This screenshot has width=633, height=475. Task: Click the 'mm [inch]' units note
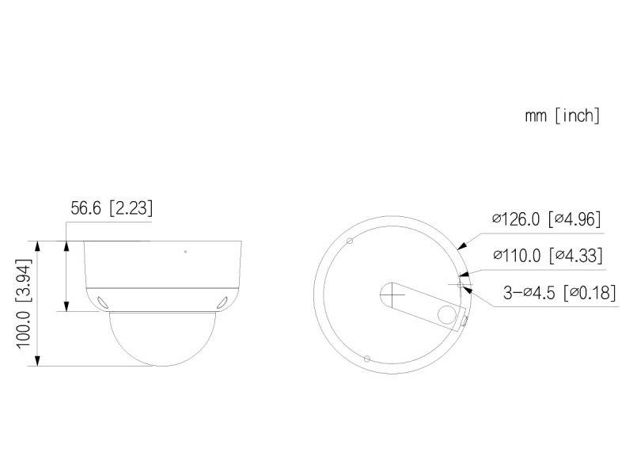562,116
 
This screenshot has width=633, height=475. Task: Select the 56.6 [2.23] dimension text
112,208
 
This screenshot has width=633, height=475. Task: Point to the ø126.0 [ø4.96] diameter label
547,219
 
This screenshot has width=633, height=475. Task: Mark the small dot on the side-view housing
185,252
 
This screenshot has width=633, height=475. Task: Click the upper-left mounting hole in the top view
348,239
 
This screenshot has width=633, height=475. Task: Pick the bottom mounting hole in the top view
366,359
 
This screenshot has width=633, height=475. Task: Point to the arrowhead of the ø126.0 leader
462,248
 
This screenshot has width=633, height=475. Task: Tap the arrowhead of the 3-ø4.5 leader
470,287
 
